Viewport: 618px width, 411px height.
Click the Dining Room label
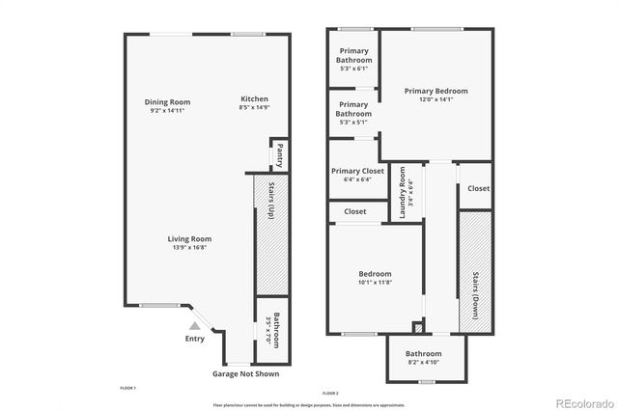[x=167, y=102]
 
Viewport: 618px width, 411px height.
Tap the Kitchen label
[x=254, y=99]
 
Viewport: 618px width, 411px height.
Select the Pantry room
[x=279, y=154]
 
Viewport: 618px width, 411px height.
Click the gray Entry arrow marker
[x=193, y=326]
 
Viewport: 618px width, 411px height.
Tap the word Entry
[x=194, y=339]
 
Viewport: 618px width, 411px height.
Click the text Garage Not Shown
[x=245, y=373]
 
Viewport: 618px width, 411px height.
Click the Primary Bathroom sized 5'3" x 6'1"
[x=353, y=60]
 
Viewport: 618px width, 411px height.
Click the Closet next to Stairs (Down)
[x=478, y=189]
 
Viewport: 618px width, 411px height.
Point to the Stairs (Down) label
[x=475, y=295]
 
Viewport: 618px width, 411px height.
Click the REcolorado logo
[x=582, y=401]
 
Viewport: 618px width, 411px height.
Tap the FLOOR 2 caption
[x=331, y=393]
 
